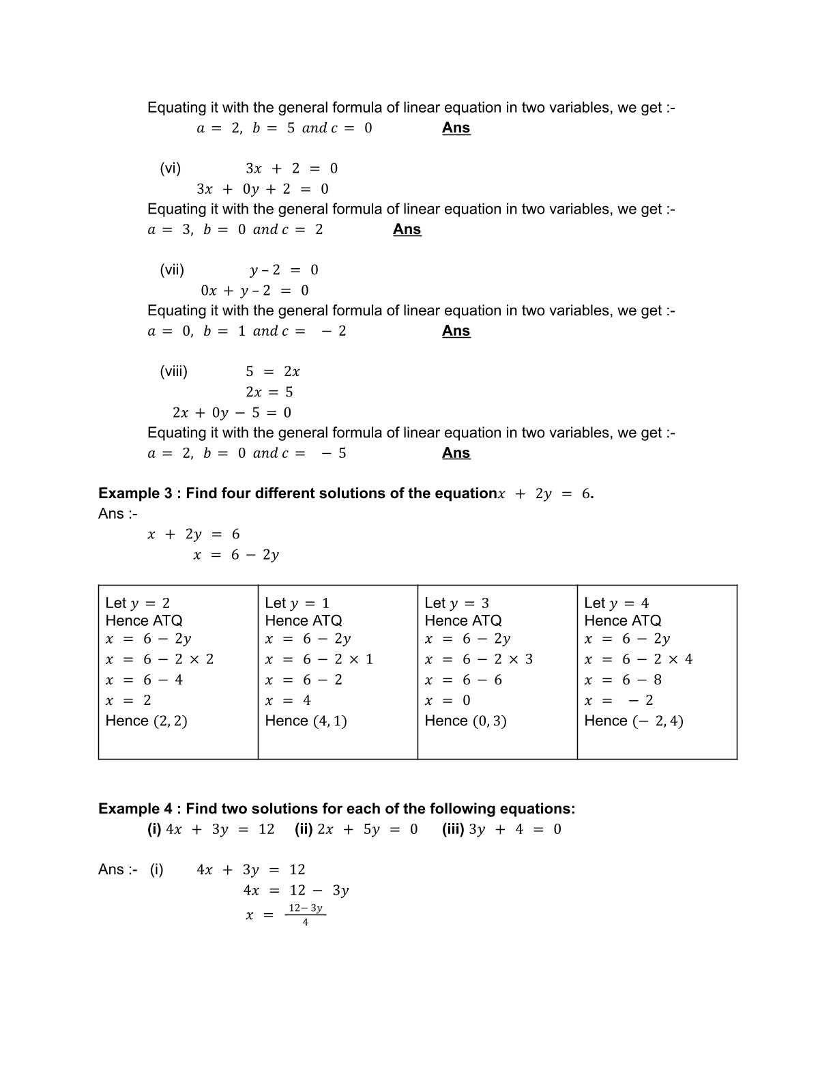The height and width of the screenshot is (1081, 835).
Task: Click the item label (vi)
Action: [170, 169]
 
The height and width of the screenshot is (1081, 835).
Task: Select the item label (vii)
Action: [172, 270]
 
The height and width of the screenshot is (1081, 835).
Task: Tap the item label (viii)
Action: [173, 372]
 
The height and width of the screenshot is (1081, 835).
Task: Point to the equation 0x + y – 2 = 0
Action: [254, 291]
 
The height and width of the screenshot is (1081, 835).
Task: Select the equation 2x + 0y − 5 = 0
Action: [232, 413]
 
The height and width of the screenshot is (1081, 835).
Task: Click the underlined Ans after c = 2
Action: [407, 230]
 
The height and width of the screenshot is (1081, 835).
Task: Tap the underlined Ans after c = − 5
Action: [456, 453]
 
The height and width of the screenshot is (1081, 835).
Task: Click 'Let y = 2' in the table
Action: [138, 603]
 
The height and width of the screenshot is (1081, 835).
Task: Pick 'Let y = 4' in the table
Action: [617, 603]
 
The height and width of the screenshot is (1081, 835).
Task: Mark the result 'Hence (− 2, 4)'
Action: [634, 721]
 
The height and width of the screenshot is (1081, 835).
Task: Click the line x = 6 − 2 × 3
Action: [479, 659]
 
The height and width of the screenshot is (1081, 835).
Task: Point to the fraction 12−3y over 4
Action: [305, 915]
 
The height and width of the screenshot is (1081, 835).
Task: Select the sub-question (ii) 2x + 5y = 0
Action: [356, 829]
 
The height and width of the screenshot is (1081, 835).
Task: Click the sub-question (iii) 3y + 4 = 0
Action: [501, 829]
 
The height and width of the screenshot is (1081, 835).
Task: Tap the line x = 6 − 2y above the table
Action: [236, 555]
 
